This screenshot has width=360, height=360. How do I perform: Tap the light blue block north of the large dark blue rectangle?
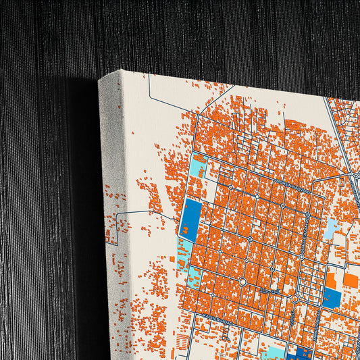(x=199, y=166)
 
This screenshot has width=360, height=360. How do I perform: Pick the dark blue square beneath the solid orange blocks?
(x=332, y=297)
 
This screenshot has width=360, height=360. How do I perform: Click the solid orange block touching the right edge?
(x=351, y=278)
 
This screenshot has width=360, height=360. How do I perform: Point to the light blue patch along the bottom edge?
(x=273, y=353)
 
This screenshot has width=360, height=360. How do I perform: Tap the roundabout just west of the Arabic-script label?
(x=242, y=281)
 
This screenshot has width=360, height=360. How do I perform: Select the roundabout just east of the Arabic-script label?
(x=295, y=298)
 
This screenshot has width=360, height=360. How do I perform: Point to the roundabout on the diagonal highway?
(x=355, y=176)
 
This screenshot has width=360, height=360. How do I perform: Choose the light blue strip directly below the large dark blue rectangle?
(x=183, y=253)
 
